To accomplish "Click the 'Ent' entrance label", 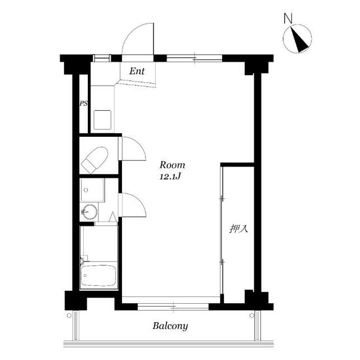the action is pyautogui.click(x=137, y=71).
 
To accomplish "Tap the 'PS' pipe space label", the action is pyautogui.click(x=84, y=103).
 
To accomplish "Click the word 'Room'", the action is pyautogui.click(x=172, y=165).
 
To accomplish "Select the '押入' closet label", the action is pyautogui.click(x=238, y=229).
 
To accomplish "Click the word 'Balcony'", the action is pyautogui.click(x=170, y=326).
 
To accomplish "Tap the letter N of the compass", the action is pyautogui.click(x=288, y=19).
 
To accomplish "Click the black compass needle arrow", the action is pyautogui.click(x=299, y=40).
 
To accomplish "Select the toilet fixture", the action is pyautogui.click(x=94, y=160).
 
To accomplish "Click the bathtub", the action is pyautogui.click(x=98, y=275).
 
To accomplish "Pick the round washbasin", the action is pyautogui.click(x=90, y=211).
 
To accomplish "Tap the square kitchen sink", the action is pyautogui.click(x=102, y=120).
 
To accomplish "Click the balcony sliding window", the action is pyautogui.click(x=173, y=307).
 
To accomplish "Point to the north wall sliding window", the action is pyautogui.click(x=194, y=58).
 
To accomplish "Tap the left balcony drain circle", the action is pyautogui.click(x=69, y=316).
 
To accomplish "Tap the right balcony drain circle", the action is pyautogui.click(x=252, y=316).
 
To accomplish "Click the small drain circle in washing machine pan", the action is pyautogui.click(x=86, y=190).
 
